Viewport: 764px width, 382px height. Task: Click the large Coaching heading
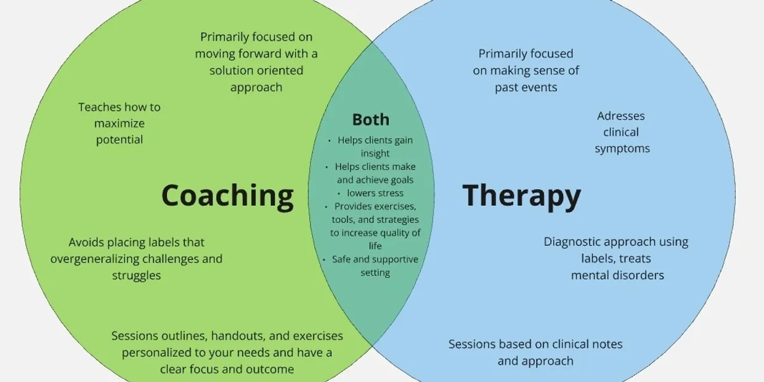(x=227, y=195)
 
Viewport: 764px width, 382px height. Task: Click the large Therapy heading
(x=521, y=195)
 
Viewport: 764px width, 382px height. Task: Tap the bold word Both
(x=371, y=120)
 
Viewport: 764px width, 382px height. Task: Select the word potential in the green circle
(x=120, y=140)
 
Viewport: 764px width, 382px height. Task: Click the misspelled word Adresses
(x=621, y=116)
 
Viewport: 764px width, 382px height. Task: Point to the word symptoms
(x=622, y=148)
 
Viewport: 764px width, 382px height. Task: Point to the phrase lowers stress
(x=375, y=193)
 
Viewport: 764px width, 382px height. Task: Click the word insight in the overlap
(x=375, y=153)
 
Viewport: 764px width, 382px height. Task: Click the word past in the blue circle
(x=507, y=87)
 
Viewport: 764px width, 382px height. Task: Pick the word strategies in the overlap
(x=397, y=220)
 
